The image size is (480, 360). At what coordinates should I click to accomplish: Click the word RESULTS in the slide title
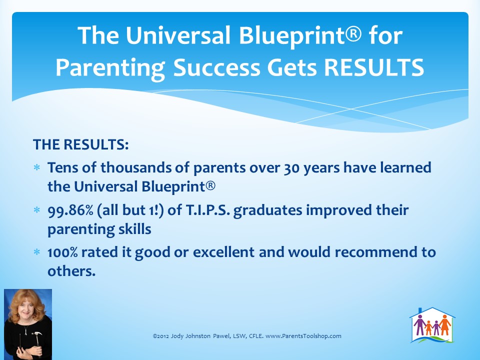coord(374,67)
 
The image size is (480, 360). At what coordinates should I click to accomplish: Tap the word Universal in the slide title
coord(178,35)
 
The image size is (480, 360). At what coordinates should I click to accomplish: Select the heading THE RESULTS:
coord(81,144)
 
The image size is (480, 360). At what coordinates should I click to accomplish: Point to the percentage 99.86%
coord(70,210)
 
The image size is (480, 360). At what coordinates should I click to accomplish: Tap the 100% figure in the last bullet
coord(62,252)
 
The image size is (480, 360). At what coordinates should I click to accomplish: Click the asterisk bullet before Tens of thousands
coord(36,168)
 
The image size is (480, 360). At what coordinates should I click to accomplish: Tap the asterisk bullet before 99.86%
coord(36,210)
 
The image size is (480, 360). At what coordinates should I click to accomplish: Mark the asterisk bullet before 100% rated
coord(36,252)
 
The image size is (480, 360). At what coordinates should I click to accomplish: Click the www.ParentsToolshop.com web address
coord(303,336)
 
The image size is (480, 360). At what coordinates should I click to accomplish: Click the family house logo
coord(432,325)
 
